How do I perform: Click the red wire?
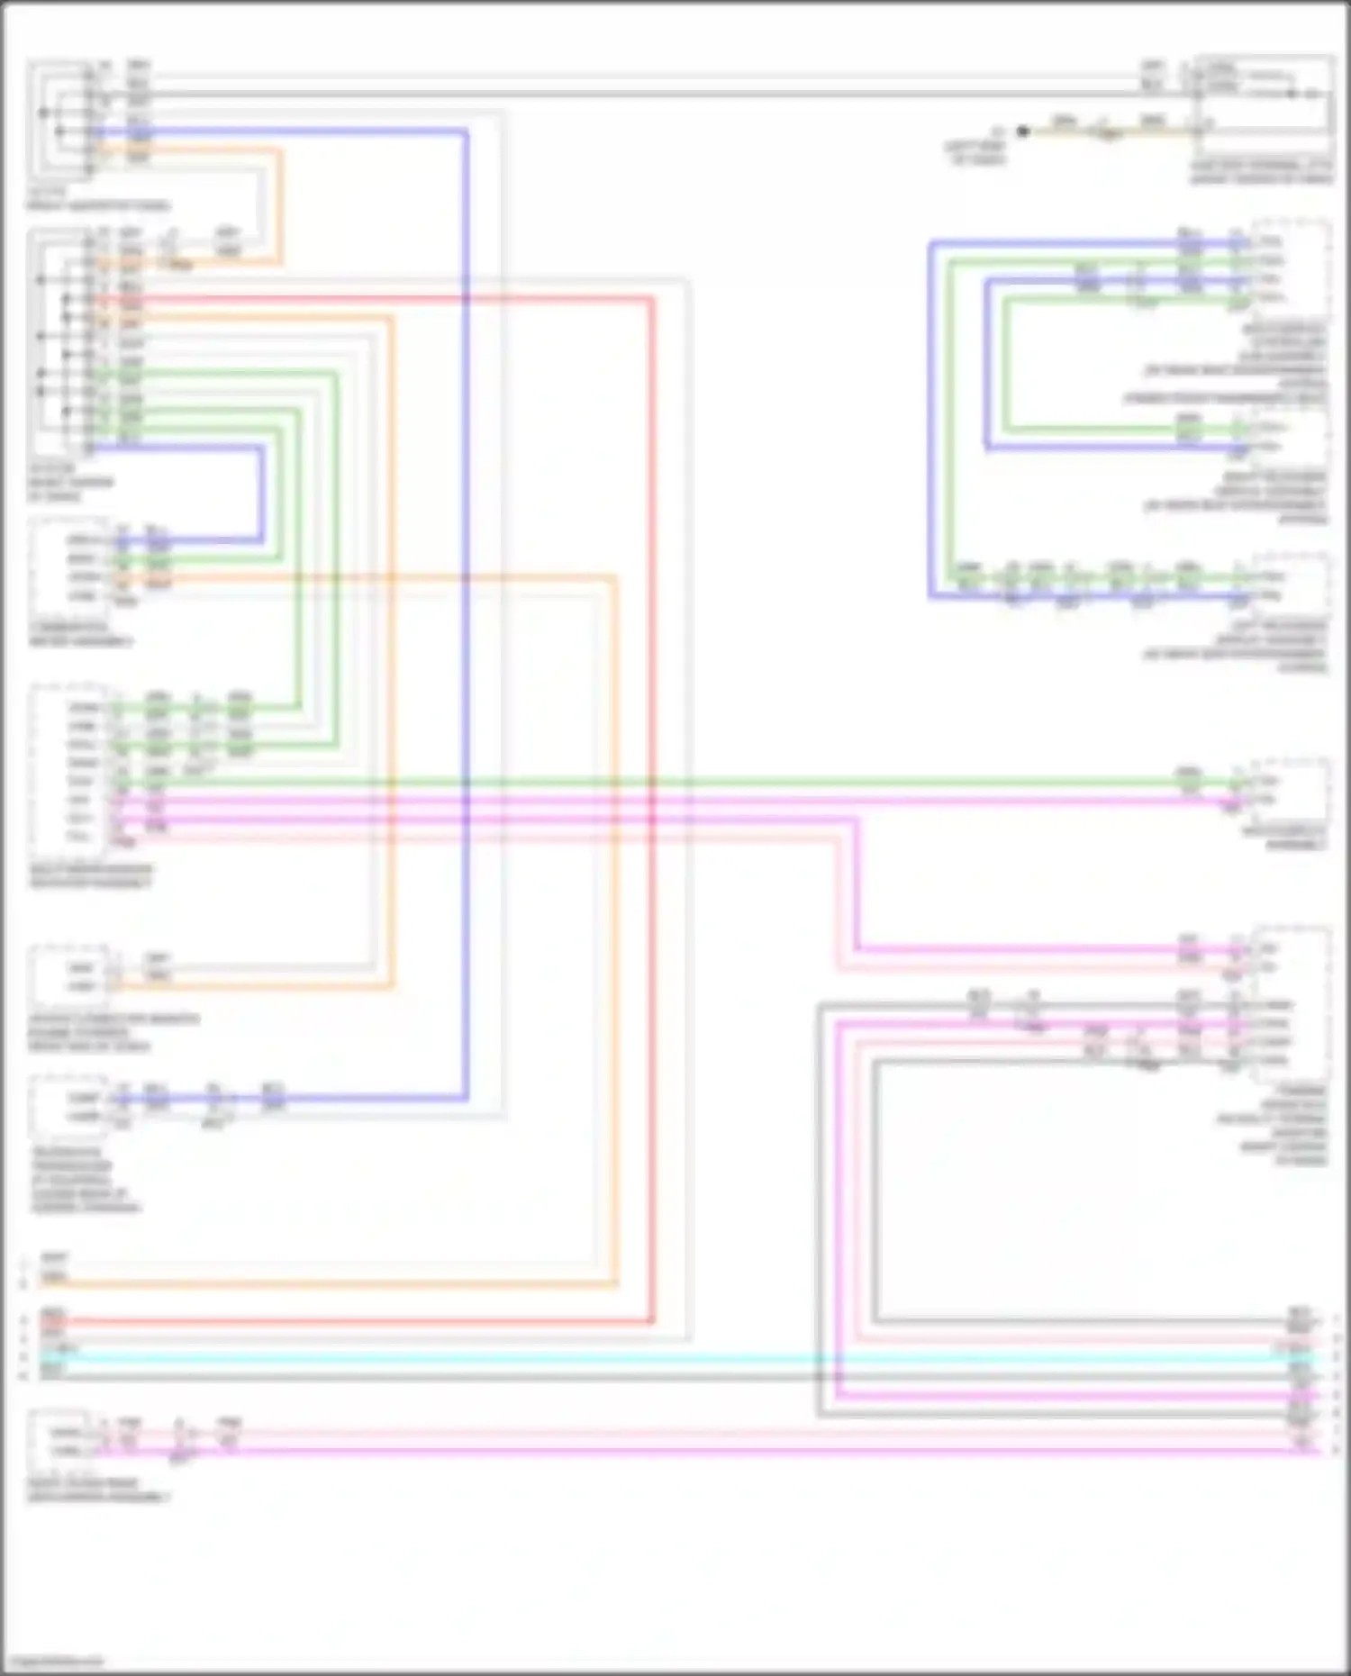click(x=652, y=811)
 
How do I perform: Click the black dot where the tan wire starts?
click(x=1022, y=131)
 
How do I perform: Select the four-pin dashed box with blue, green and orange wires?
click(x=70, y=567)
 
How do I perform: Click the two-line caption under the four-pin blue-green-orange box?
click(x=81, y=634)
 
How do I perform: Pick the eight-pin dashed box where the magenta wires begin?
click(x=70, y=771)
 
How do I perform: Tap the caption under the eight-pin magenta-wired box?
click(x=90, y=876)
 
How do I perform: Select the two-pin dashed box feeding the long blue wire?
click(x=70, y=1107)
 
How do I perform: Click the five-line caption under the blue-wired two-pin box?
click(x=85, y=1180)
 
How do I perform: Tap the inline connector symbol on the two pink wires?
click(x=180, y=1443)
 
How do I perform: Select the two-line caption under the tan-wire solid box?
click(x=1261, y=173)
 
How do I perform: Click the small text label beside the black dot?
click(x=976, y=151)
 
